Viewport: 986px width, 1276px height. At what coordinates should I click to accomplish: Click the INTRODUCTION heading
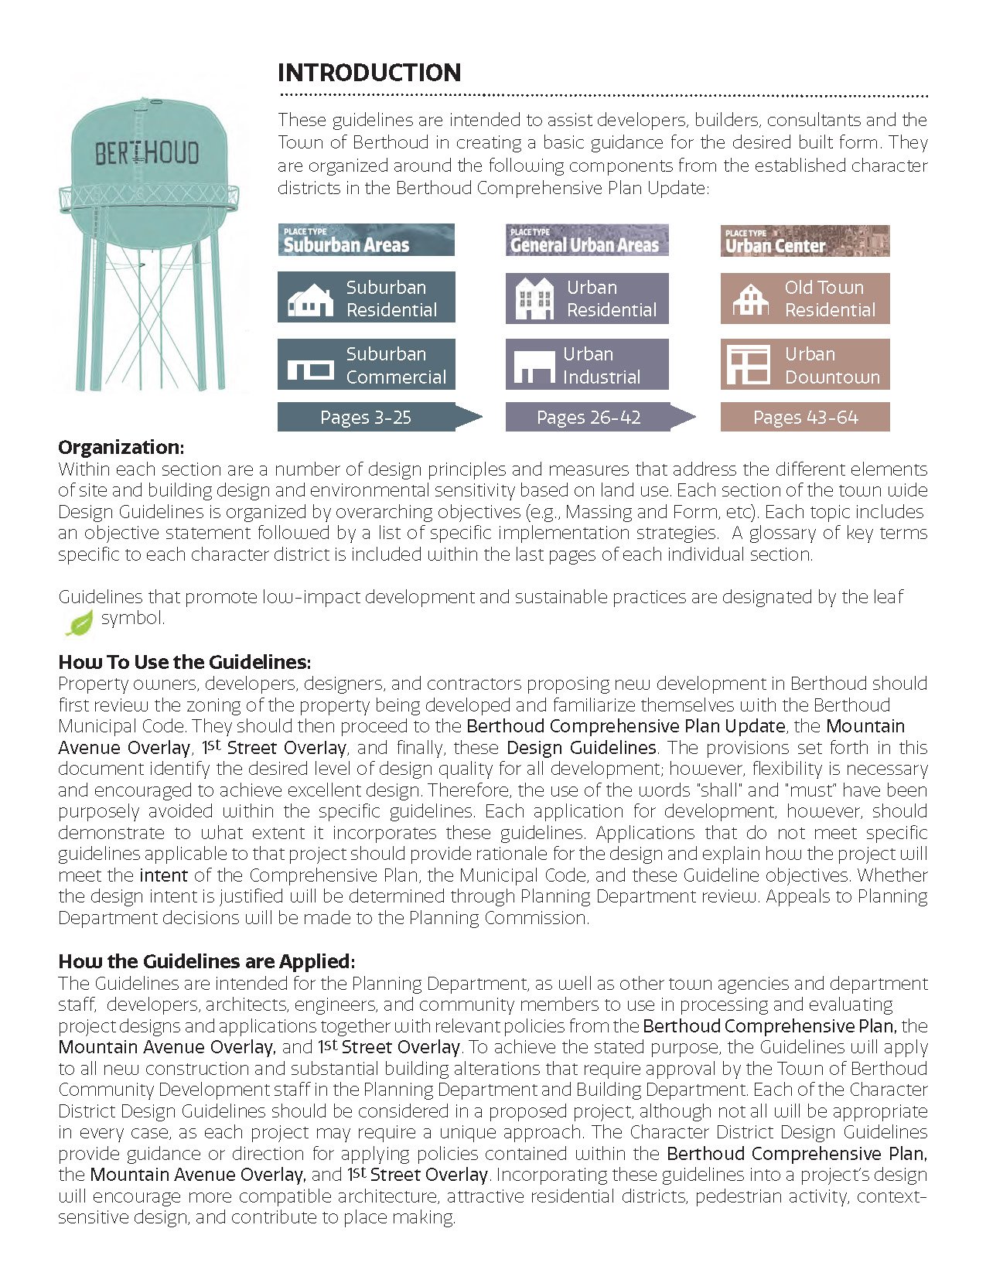coord(369,73)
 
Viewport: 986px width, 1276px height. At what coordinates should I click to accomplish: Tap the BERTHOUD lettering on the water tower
coord(147,153)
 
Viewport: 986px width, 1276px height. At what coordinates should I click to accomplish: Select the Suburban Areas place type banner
coord(366,241)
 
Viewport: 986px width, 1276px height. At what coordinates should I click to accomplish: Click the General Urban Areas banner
coord(587,241)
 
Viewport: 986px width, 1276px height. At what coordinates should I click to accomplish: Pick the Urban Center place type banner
coord(804,241)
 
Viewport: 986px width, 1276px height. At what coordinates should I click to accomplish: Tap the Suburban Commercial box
coord(366,365)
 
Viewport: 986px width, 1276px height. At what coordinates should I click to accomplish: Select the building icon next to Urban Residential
coord(534,299)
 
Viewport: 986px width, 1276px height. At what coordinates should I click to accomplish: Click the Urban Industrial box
coord(587,365)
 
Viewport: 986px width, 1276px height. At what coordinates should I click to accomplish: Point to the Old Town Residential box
coord(804,299)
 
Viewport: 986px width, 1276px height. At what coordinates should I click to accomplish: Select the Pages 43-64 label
coord(804,418)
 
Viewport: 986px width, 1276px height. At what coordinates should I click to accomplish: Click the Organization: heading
coord(121,447)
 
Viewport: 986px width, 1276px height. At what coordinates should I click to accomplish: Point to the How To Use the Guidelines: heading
coord(184,662)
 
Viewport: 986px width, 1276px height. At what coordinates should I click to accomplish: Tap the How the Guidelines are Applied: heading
coord(206,961)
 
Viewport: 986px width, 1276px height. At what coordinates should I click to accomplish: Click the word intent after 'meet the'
coord(163,875)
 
